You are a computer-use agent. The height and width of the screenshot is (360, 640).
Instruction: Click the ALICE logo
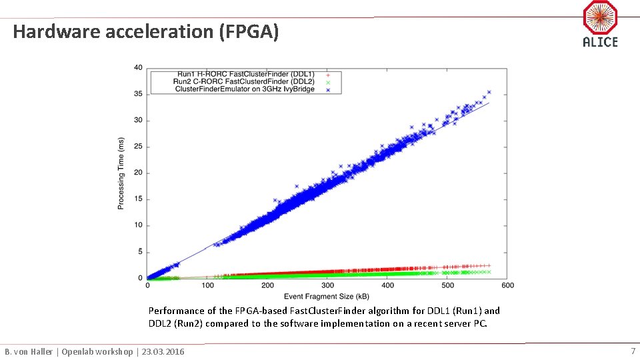point(600,24)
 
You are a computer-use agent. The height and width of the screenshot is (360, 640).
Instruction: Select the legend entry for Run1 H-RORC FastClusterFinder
point(244,73)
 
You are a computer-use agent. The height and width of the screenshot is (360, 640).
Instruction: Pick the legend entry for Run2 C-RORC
point(244,81)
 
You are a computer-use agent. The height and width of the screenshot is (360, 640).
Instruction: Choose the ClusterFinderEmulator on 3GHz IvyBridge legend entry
point(244,89)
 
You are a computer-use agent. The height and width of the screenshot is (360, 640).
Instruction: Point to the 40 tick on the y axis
point(137,67)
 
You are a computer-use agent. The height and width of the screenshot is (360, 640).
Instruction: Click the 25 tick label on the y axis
point(137,147)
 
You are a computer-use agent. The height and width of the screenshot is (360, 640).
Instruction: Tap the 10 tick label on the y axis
point(137,225)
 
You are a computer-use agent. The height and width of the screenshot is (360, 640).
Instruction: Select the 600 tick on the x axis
point(507,286)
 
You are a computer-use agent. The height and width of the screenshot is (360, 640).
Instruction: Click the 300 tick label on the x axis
point(327,286)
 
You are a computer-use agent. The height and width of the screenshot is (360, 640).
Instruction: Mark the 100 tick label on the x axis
point(207,286)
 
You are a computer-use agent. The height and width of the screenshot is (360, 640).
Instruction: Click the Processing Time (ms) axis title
point(121,173)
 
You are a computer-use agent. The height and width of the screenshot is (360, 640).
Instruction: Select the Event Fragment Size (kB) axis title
point(327,296)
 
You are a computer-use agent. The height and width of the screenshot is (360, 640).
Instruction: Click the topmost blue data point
point(489,92)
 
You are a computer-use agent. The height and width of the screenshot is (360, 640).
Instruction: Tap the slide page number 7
point(633,351)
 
